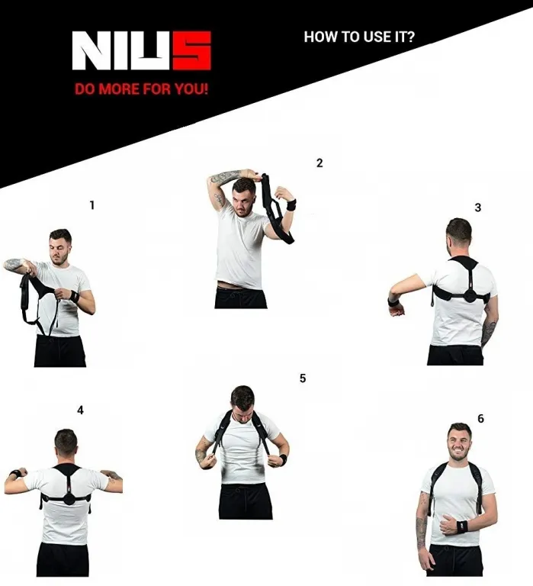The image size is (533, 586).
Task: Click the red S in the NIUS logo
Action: [x=192, y=50]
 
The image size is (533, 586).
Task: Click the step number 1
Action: [x=92, y=205]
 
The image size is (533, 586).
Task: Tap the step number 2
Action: [x=319, y=163]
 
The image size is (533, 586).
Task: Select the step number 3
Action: [x=478, y=208]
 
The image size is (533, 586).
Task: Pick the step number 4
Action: [x=80, y=411]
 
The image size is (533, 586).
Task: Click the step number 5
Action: [x=303, y=378]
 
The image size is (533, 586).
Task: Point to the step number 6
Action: [x=480, y=419]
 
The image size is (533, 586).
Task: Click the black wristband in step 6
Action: [x=462, y=526]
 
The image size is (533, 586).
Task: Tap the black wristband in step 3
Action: [x=393, y=302]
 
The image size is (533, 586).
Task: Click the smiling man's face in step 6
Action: [x=459, y=445]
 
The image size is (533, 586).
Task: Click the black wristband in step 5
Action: [x=283, y=459]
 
